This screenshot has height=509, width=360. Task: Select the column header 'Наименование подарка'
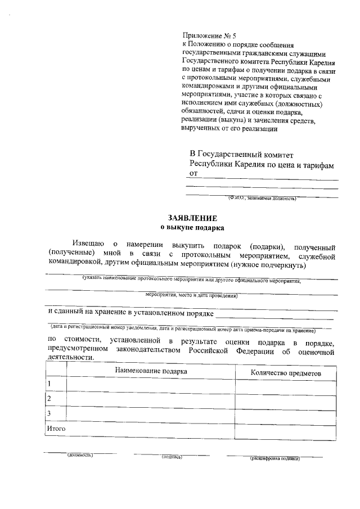coord(151,371)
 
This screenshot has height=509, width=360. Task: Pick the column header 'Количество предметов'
coord(286,372)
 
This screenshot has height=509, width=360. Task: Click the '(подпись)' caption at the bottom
coord(172,457)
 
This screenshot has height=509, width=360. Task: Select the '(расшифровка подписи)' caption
coord(275,458)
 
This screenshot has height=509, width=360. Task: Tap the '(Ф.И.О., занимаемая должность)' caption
coord(262,198)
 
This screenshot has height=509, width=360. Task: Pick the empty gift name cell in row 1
coord(151,385)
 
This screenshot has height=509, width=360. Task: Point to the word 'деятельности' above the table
coord(70,357)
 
